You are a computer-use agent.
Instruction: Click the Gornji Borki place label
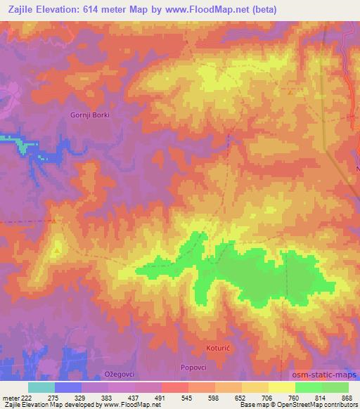tap(91, 115)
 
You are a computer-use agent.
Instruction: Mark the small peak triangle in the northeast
tap(290, 91)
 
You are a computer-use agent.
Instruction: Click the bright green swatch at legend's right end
tap(335, 387)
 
